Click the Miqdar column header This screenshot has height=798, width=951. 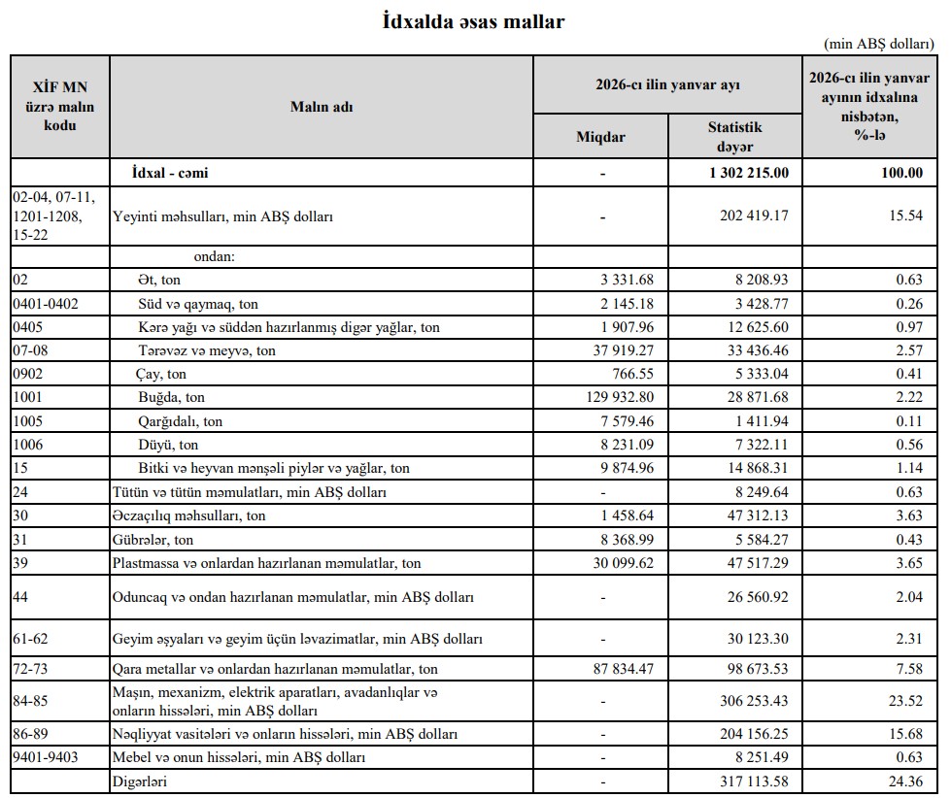click(x=600, y=137)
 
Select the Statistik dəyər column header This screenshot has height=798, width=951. click(x=735, y=137)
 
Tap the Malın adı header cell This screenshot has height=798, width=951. click(x=322, y=107)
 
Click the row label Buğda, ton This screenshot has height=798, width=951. click(x=171, y=397)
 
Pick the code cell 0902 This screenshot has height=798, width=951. click(x=28, y=373)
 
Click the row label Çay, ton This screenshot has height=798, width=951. click(x=160, y=373)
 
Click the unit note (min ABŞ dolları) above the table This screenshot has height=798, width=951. click(x=878, y=45)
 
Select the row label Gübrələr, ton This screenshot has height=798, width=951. click(x=153, y=539)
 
